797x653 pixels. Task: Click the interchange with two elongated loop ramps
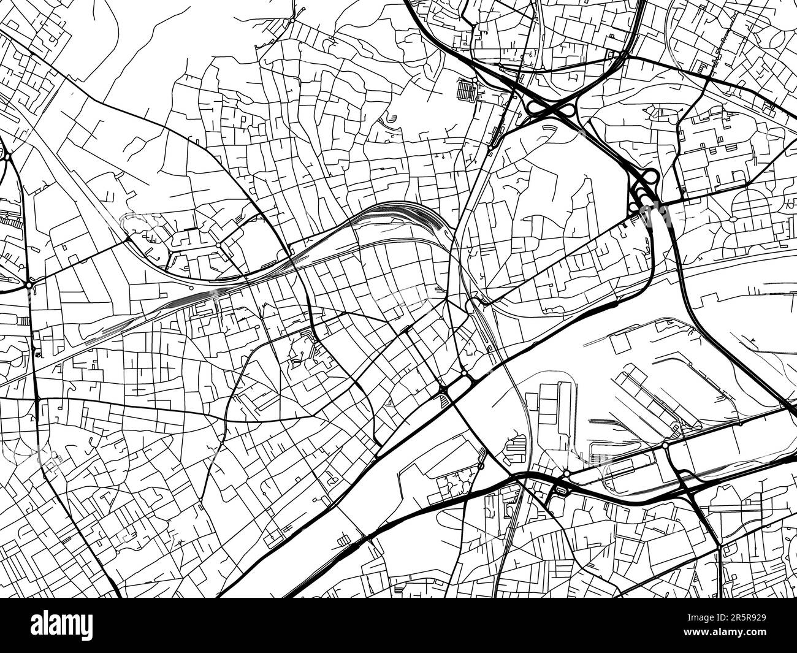[x=551, y=110]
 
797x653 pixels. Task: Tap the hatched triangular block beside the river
[x=443, y=400]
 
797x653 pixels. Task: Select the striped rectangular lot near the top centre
[x=467, y=92]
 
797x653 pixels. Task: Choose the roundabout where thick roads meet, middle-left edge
[x=29, y=285]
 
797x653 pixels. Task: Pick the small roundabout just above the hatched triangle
[x=442, y=388]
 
